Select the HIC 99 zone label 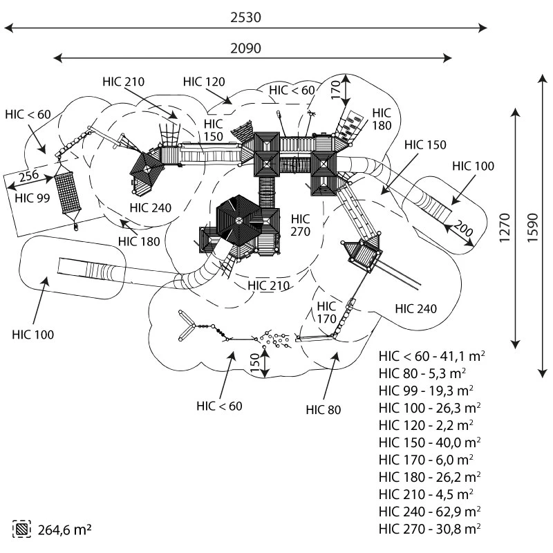[33, 199]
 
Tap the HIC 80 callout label [324, 409]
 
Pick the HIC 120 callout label [204, 82]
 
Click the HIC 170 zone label [326, 312]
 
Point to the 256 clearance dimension [28, 176]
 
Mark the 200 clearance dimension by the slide [463, 232]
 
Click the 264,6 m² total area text [64, 529]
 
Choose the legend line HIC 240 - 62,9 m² [429, 512]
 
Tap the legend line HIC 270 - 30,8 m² [429, 529]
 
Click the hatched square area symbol [21, 529]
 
